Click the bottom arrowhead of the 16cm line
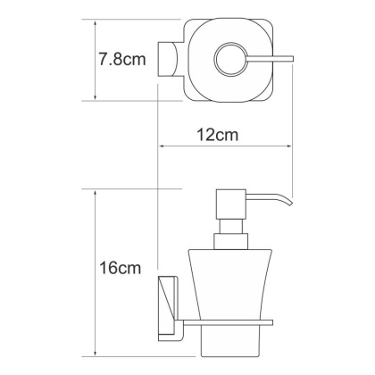click(96, 342)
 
